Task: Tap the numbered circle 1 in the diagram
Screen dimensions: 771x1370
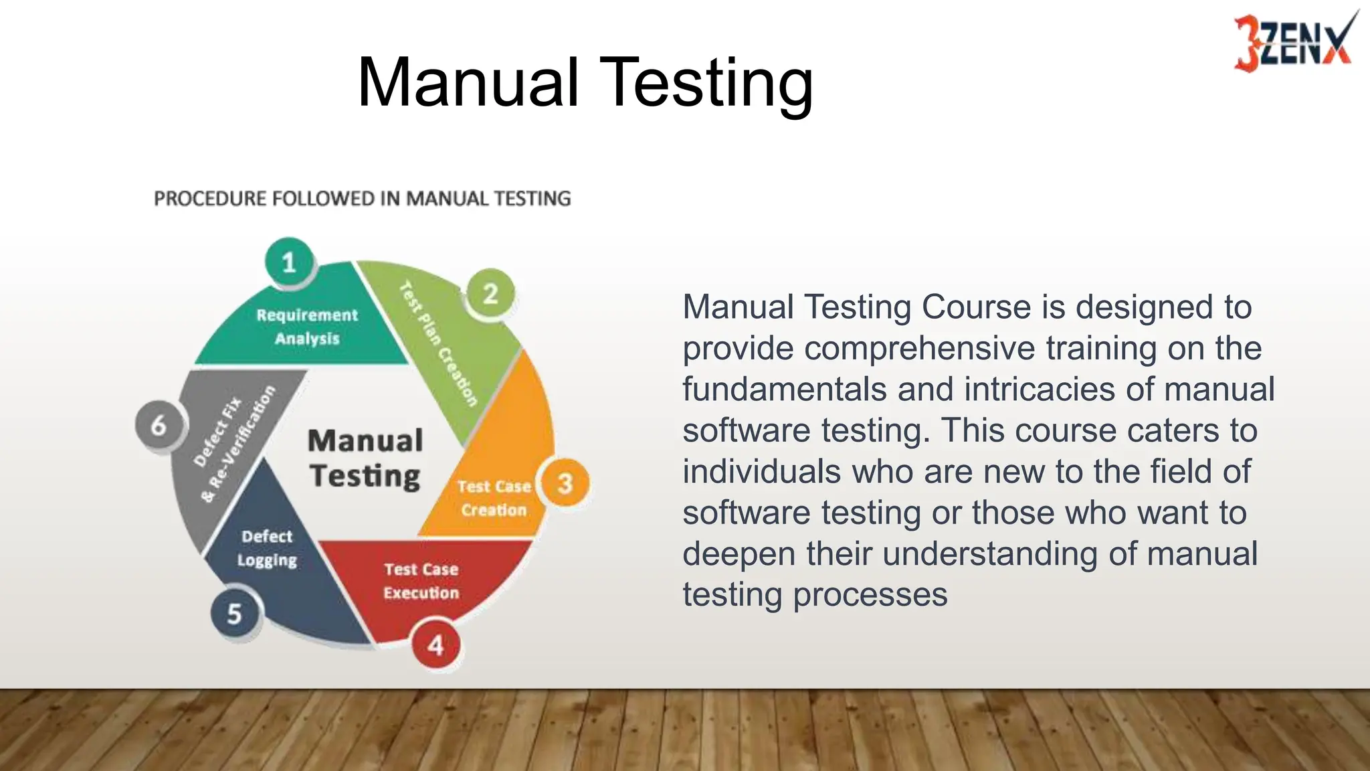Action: (289, 262)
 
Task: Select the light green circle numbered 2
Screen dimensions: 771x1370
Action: (490, 294)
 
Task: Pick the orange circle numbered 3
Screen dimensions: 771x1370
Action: (565, 483)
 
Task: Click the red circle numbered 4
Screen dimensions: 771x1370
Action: (435, 645)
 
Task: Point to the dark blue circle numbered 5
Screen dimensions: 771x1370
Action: (234, 613)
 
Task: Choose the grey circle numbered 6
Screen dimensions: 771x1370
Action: (159, 425)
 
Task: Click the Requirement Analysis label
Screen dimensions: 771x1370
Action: (307, 327)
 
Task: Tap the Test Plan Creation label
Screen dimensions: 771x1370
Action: (439, 344)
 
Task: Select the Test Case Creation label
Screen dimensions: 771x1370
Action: (494, 498)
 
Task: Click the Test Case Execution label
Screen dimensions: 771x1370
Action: (421, 581)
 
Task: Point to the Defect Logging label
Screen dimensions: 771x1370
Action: (267, 548)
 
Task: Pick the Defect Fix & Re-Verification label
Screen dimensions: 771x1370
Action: (234, 443)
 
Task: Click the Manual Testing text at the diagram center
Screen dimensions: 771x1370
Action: (365, 458)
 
